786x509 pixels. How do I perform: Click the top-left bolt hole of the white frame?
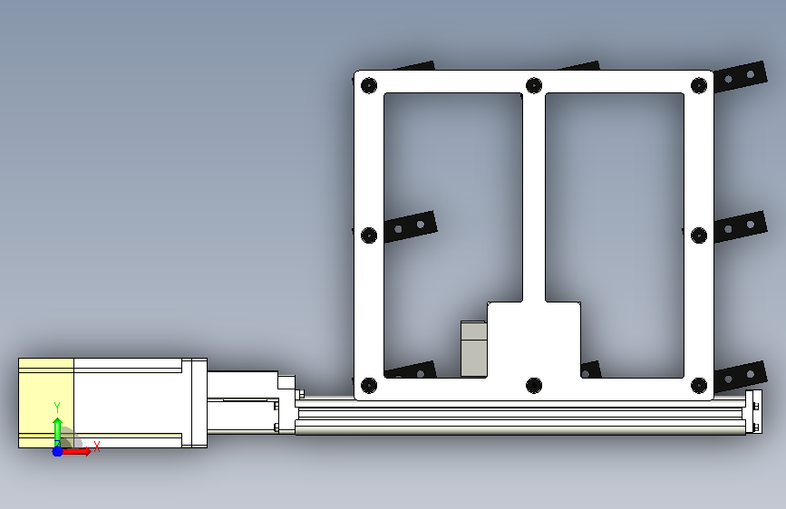(x=369, y=85)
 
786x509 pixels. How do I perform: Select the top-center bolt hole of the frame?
(x=534, y=85)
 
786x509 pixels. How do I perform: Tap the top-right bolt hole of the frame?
(x=699, y=85)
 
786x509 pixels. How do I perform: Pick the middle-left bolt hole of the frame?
(x=369, y=235)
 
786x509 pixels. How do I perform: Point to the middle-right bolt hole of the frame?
(x=699, y=235)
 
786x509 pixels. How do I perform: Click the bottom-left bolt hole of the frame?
(x=369, y=385)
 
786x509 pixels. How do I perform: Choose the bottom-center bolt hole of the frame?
(x=534, y=385)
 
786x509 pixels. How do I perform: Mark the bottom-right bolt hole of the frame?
(x=699, y=385)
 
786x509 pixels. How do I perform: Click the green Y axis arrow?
(x=57, y=431)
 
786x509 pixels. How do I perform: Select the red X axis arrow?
(x=76, y=451)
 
